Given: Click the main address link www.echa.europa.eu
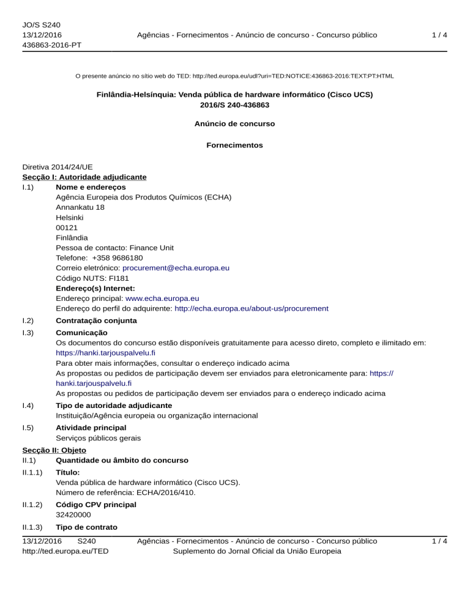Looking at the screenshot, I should point(162,298).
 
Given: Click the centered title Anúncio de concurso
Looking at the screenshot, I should point(234,123).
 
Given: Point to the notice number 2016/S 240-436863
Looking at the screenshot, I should point(234,105).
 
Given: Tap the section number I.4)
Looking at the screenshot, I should point(28,406).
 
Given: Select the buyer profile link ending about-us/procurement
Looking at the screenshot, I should point(251,308).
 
